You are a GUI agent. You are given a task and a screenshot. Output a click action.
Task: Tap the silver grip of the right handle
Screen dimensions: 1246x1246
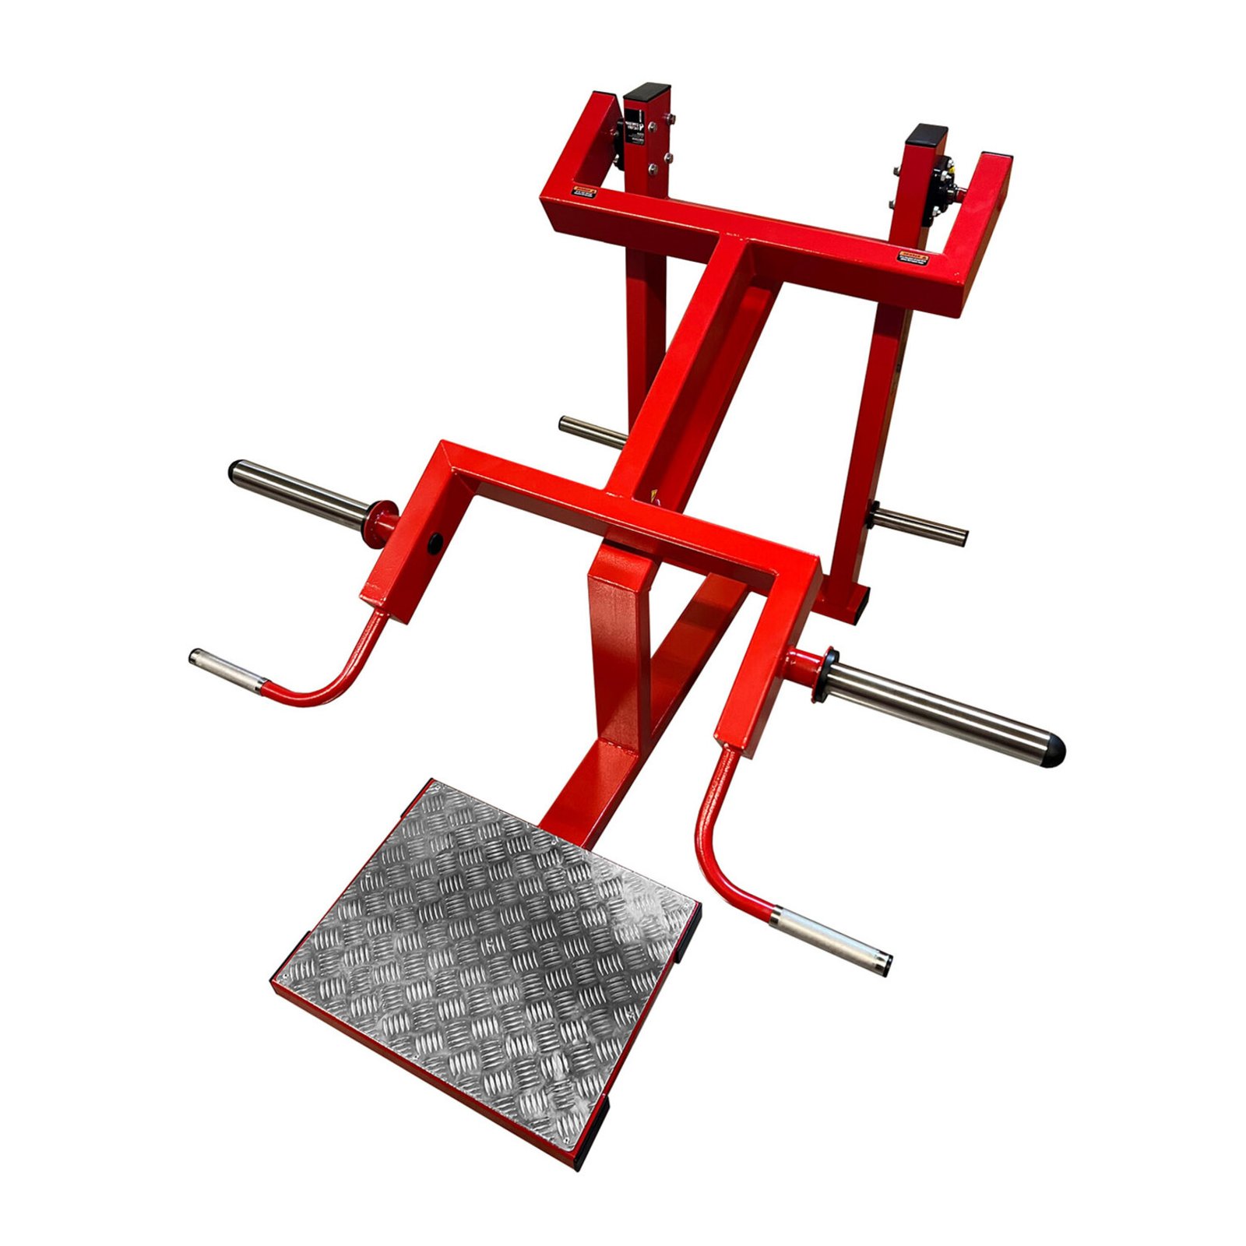pyautogui.click(x=829, y=941)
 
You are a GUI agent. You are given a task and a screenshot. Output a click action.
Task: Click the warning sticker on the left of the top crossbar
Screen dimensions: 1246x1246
pyautogui.click(x=584, y=191)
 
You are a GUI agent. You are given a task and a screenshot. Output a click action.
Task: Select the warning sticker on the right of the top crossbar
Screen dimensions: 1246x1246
pyautogui.click(x=913, y=257)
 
